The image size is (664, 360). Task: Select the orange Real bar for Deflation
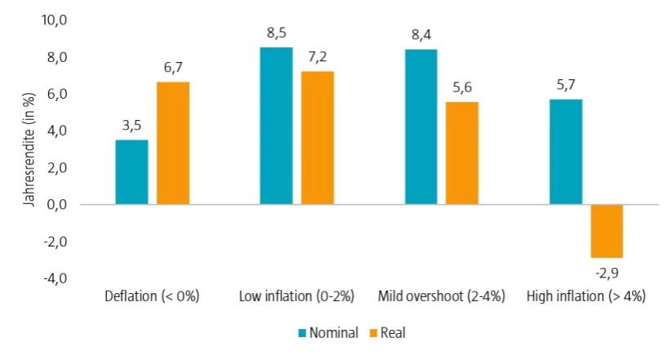coord(173,143)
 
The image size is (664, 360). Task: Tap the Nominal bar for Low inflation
coord(276,126)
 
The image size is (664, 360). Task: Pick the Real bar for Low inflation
coord(317,138)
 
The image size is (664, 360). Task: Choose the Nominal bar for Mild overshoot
coord(421,127)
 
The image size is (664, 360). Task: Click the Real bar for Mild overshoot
coord(461,153)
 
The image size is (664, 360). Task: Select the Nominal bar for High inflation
coord(565,152)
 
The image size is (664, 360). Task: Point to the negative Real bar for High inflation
coord(607,231)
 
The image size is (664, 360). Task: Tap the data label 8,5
coord(276,34)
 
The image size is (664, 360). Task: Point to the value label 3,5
coord(131,127)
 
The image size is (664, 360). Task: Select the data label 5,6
coord(461,88)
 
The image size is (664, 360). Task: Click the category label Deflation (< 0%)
coord(153,296)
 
